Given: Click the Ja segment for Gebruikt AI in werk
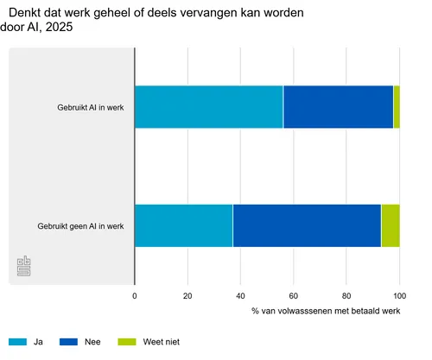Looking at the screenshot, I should coord(208,108).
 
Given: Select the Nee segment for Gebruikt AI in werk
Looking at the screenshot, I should coord(338,108).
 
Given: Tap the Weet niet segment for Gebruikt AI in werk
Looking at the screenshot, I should coord(397,108).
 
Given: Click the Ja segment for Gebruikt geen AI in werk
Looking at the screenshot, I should coord(183,226).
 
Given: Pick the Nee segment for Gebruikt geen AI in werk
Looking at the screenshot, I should coord(307,226).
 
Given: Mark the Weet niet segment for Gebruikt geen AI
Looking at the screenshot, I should coord(391,226).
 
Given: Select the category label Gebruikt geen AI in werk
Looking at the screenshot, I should coord(81,226).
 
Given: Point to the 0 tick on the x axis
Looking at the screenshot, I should coord(135,295).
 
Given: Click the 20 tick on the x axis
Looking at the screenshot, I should coord(187,295).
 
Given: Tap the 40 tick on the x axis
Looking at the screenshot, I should coord(241,295).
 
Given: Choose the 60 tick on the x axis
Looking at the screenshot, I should coord(294,295).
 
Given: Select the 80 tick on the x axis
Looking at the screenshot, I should coord(346,295).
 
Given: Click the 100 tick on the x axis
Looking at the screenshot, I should coord(399,295).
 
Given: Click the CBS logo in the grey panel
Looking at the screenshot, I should coord(24,268).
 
